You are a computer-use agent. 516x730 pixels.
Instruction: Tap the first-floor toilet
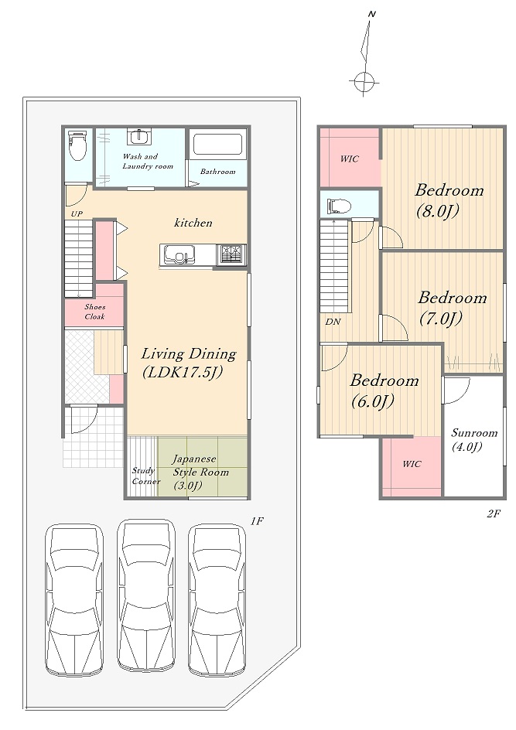coord(77,145)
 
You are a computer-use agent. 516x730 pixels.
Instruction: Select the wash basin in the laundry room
coord(139,137)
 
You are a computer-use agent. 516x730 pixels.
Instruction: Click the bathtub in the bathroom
coord(217,145)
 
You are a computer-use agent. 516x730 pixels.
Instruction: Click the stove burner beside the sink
coord(231,254)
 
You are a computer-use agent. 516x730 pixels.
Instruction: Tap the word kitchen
coord(193,223)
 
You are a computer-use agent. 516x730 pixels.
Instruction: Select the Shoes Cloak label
coord(95,312)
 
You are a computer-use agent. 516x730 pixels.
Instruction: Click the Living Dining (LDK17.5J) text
coord(189,363)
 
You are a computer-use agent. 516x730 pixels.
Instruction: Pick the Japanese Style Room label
coord(200,472)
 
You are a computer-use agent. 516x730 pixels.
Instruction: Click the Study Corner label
coord(145,476)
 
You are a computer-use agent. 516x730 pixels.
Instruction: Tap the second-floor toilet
coord(340,206)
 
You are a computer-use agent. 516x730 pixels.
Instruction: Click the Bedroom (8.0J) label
coord(449,200)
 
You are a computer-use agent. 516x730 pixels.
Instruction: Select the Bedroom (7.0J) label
coord(453,308)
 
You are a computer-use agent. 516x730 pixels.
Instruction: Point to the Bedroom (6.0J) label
coord(384,391)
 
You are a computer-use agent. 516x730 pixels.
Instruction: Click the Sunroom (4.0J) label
coord(474,440)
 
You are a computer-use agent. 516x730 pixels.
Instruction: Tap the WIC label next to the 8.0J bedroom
coord(349,159)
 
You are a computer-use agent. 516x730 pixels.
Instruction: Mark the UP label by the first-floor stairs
coord(77,214)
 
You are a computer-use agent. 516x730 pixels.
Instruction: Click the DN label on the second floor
coord(333,322)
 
